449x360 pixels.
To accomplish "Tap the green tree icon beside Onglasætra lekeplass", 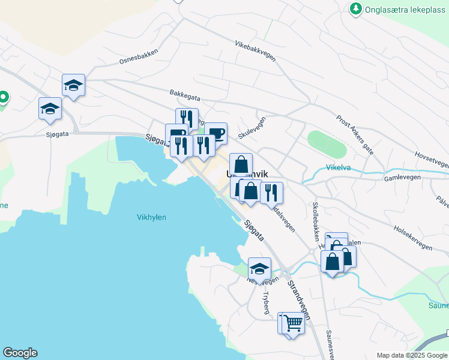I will (355, 8).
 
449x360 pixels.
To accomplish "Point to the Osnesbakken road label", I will (139, 58).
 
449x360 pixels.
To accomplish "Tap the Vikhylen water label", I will (151, 218).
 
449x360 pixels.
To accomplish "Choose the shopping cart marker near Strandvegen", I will (293, 323).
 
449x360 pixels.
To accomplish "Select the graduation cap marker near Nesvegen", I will (259, 268).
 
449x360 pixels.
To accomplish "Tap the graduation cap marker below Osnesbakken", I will (73, 85).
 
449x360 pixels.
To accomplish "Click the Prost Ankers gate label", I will (355, 135).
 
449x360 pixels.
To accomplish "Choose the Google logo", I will (20, 353).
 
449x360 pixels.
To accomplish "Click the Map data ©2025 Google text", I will (412, 355).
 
